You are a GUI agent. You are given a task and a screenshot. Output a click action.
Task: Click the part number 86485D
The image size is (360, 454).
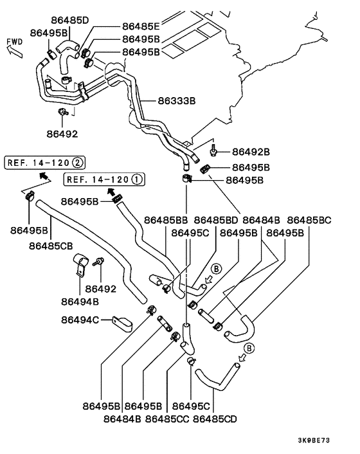[x=70, y=21]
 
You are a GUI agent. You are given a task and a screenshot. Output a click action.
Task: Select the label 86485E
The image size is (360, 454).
[x=141, y=26]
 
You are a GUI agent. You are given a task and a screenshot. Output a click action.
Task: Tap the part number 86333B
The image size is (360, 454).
[x=177, y=101]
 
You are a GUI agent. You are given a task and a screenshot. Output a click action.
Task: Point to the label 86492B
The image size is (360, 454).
[x=251, y=152]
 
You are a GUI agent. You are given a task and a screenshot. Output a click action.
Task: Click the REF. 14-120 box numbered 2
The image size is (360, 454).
[x=44, y=163]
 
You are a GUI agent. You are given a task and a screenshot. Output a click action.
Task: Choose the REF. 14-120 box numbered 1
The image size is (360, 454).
[x=104, y=179]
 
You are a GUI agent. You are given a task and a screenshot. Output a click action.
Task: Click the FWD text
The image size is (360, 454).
[x=15, y=42]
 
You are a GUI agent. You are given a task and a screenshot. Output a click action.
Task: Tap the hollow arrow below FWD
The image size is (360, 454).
[x=15, y=51]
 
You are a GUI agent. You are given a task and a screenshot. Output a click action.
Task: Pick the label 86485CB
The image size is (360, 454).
[x=51, y=246]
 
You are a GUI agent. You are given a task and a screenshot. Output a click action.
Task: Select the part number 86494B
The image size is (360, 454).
[x=80, y=302]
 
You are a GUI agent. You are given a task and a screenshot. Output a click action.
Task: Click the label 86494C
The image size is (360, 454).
[x=80, y=320]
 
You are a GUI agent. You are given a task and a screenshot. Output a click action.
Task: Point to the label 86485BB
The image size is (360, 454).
[x=166, y=221]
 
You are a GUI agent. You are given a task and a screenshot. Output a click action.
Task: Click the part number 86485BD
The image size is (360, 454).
[x=215, y=221]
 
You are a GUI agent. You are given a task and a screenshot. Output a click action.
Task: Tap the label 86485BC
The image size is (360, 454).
[x=309, y=221]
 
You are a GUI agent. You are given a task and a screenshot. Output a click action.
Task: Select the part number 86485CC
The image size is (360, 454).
[x=167, y=419]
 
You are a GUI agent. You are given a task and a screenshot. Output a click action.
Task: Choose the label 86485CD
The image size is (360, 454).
[x=215, y=419]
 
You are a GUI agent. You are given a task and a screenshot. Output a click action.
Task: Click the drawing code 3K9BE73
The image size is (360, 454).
[x=314, y=440]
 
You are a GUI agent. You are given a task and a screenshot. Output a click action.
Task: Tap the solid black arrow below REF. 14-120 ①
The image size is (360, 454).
[x=111, y=191]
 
